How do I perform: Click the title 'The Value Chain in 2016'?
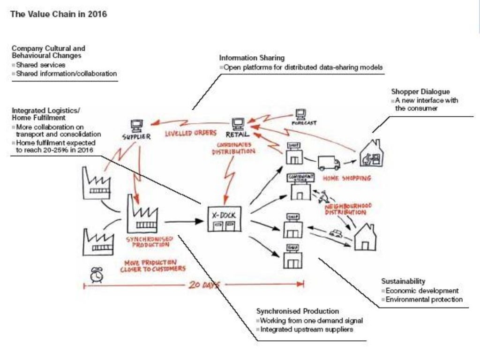(58, 15)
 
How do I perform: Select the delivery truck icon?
(329, 163)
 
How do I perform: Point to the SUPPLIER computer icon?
(136, 126)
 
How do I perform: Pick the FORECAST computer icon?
(300, 114)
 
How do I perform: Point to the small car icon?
(336, 233)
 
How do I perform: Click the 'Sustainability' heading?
(403, 281)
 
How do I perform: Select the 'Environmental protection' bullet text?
(424, 299)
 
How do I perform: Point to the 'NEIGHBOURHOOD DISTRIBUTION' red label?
(348, 209)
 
